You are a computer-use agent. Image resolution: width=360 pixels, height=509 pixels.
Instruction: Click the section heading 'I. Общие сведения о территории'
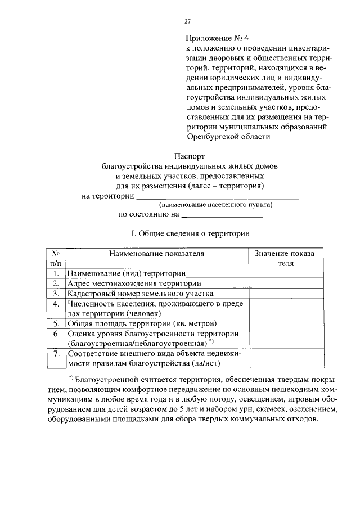click(190, 233)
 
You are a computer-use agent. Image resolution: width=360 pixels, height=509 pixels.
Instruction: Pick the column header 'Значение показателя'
click(285, 258)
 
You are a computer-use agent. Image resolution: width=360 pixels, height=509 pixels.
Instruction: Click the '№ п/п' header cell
click(56, 258)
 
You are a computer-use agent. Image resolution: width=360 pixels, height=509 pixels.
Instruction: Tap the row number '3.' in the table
click(56, 294)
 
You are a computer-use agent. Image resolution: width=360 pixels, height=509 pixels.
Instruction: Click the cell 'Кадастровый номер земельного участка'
click(140, 294)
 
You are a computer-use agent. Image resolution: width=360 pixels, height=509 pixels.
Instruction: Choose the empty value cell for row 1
click(286, 273)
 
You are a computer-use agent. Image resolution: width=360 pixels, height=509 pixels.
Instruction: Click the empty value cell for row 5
click(286, 324)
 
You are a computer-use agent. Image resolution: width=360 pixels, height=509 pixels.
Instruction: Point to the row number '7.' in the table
click(56, 354)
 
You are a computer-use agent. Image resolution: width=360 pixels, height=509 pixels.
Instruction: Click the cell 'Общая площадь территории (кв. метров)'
click(143, 324)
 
